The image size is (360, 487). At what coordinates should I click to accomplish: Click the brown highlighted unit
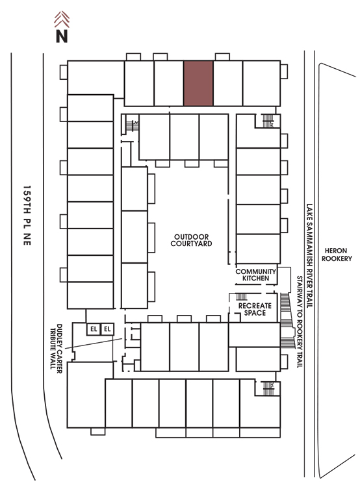tap(198, 83)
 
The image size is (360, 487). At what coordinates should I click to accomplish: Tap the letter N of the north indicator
tap(62, 36)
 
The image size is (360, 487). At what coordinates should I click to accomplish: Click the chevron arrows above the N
tap(62, 19)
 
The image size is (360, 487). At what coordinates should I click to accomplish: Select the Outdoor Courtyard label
tap(191, 240)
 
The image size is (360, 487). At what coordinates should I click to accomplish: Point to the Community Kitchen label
tap(256, 275)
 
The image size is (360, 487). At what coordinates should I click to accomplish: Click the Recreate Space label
tap(255, 309)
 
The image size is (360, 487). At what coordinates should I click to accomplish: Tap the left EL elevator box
tap(94, 329)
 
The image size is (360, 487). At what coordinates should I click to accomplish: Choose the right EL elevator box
tap(107, 329)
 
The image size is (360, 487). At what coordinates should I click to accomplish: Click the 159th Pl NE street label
tap(27, 216)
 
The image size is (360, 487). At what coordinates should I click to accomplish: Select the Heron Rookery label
tap(337, 255)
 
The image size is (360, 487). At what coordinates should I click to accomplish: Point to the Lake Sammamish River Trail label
tap(309, 256)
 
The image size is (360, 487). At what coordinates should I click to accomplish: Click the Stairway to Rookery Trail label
tap(300, 322)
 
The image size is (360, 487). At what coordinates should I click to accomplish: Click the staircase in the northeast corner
tap(268, 121)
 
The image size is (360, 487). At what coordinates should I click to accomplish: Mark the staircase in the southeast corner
tap(268, 388)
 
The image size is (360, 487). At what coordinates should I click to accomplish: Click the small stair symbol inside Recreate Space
tap(242, 297)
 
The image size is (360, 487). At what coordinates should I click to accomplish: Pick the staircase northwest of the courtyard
tap(130, 125)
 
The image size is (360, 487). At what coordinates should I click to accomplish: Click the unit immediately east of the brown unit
tap(228, 83)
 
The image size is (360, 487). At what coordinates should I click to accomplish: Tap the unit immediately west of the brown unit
tap(169, 83)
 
